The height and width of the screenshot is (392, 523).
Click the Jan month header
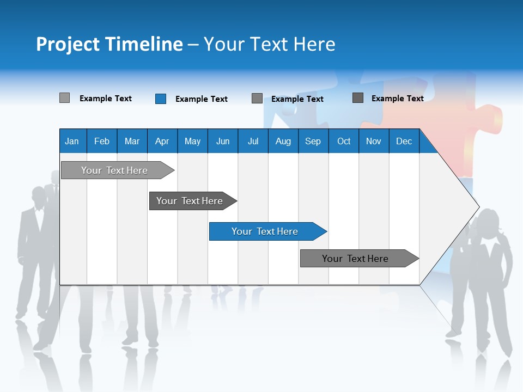tap(72, 141)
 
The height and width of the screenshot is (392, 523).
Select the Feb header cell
tap(102, 141)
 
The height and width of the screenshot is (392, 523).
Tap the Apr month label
tap(162, 141)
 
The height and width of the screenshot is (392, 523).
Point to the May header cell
tap(192, 141)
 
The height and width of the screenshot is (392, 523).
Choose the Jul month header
tap(253, 141)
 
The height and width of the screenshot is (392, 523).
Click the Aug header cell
tap(283, 141)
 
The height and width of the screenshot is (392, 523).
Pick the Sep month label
tap(313, 141)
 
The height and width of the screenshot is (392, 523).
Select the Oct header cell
tap(344, 141)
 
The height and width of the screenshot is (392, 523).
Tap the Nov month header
tap(374, 141)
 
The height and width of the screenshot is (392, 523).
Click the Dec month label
tap(404, 141)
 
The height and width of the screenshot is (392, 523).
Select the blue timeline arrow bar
tap(265, 231)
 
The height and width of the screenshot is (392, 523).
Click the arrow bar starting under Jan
tap(114, 170)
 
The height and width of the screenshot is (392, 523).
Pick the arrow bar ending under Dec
tap(355, 259)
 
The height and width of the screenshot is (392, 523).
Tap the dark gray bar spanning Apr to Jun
tap(190, 201)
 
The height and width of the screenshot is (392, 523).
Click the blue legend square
tap(161, 99)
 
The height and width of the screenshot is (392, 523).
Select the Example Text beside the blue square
tap(201, 99)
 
